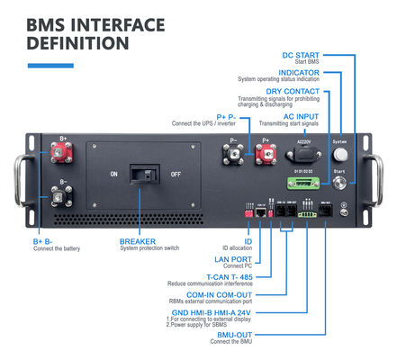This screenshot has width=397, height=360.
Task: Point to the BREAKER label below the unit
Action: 140,241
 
